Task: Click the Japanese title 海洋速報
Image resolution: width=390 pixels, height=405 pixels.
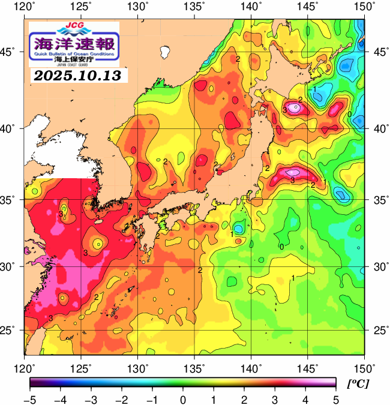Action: (74, 44)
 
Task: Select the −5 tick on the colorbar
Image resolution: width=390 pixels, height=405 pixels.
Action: (29, 399)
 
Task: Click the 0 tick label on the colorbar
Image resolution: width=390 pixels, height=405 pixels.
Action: (183, 399)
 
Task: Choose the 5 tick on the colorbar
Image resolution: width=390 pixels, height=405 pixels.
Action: (336, 399)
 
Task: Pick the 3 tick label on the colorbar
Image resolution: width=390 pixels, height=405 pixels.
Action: (275, 399)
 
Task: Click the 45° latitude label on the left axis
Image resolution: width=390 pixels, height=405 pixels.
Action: (9, 52)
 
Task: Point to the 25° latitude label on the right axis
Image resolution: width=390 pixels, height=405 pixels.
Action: (379, 331)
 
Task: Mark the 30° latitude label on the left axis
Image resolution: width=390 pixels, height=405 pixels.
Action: (9, 266)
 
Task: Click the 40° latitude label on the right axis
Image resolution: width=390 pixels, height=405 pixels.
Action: (379, 128)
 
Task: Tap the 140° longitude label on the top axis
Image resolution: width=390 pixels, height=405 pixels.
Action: (251, 7)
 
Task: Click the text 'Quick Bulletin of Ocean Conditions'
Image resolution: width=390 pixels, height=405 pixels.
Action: (74, 55)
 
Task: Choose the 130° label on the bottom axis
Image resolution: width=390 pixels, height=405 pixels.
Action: (138, 367)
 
